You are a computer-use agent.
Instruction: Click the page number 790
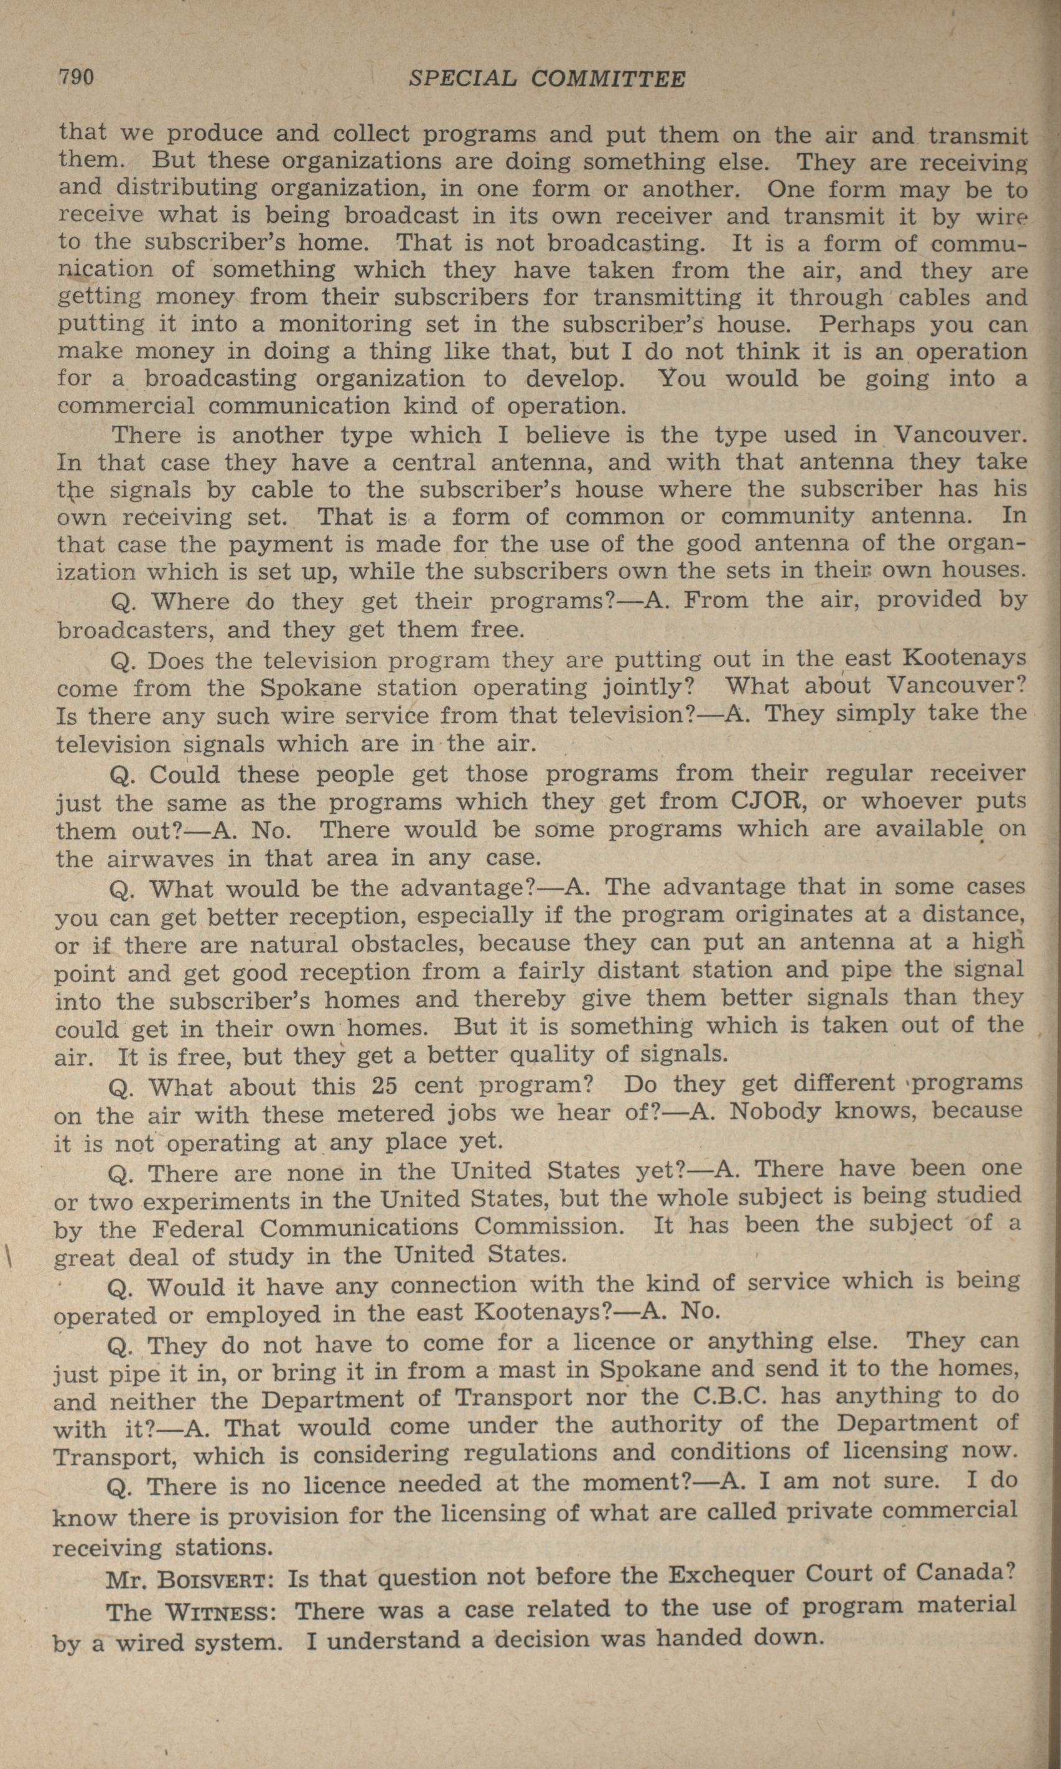[76, 77]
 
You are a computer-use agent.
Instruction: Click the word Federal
[198, 1229]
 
